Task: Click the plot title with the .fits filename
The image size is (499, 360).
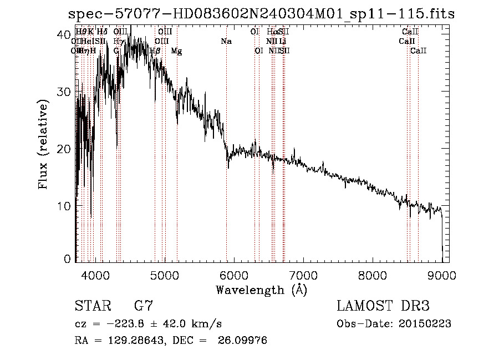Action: point(261,14)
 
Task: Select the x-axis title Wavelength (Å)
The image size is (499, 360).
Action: point(261,290)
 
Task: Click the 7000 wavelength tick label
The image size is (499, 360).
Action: point(303,275)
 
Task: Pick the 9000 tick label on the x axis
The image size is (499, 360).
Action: point(441,275)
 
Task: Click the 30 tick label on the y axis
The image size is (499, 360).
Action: point(65,92)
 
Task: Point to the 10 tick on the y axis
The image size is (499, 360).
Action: point(65,206)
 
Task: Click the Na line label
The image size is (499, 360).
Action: point(226,42)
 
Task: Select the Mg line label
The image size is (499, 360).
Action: point(176,51)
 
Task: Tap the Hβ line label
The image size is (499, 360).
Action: point(155,51)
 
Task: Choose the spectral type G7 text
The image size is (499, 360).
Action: point(143,306)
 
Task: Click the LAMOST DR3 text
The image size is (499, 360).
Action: point(383,306)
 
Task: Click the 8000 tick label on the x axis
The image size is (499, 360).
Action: point(372,275)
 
